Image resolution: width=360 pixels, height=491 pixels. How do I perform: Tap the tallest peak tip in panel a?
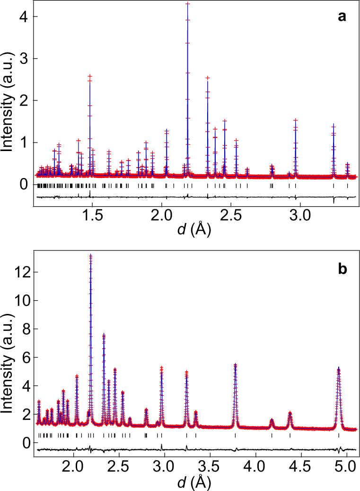pyautogui.click(x=188, y=4)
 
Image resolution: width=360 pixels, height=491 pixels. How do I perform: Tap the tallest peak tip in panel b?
pyautogui.click(x=91, y=256)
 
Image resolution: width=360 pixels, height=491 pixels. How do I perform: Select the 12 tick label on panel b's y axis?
pyautogui.click(x=19, y=272)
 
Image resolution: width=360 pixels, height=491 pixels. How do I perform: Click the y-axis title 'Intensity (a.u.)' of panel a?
pyautogui.click(x=8, y=102)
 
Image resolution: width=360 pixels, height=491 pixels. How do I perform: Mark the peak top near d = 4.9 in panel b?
pyautogui.click(x=338, y=368)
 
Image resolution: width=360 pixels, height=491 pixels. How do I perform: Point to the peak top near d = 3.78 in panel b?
pyautogui.click(x=235, y=364)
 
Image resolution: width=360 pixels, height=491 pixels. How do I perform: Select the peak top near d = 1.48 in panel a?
pyautogui.click(x=90, y=76)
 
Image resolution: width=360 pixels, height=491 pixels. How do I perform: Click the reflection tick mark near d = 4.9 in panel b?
pyautogui.click(x=338, y=435)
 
